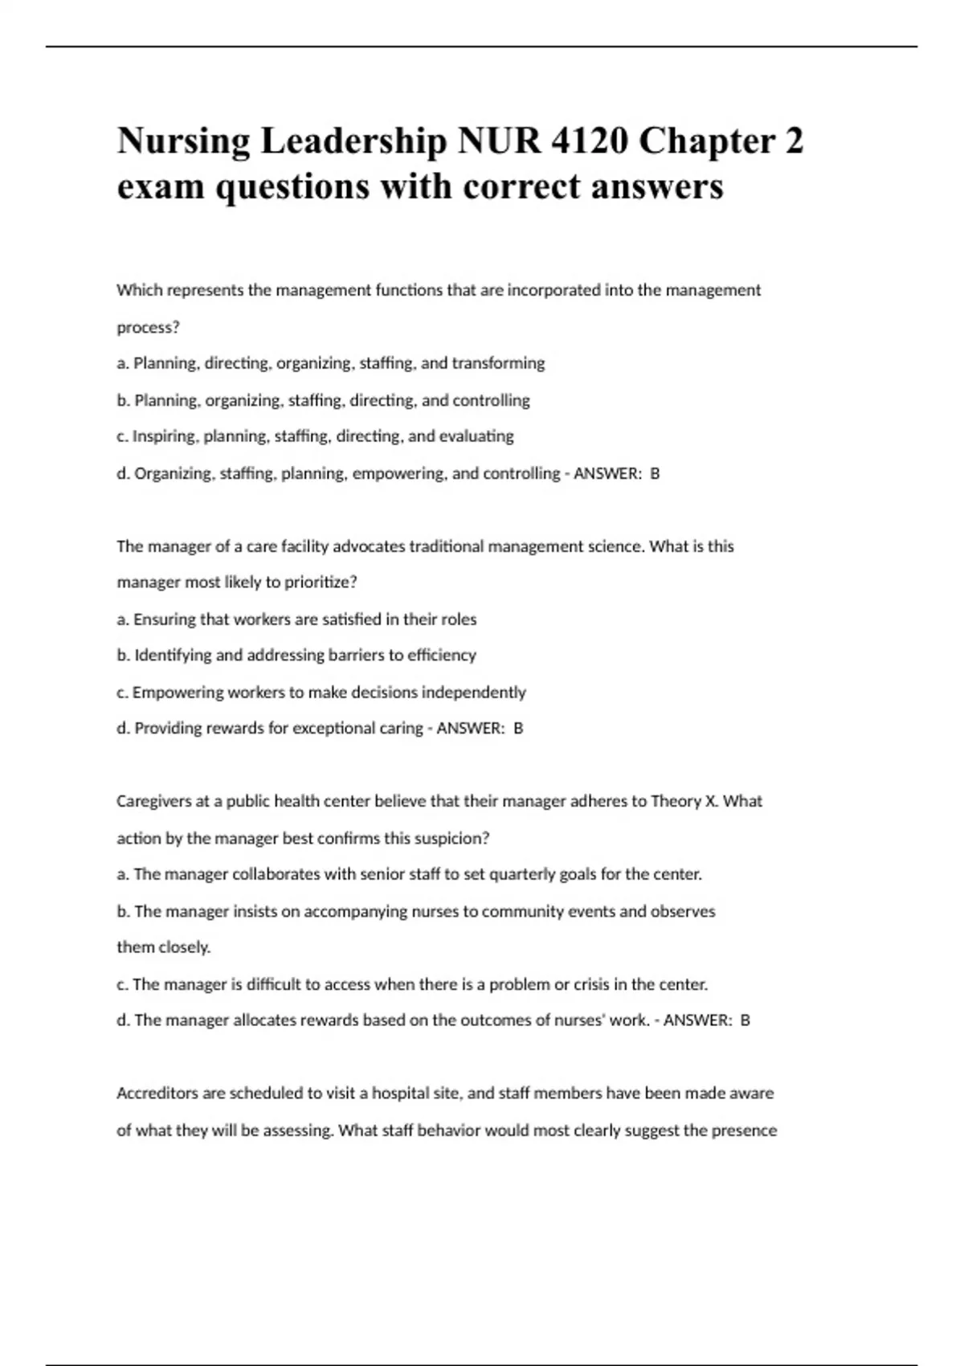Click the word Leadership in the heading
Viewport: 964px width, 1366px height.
tap(353, 141)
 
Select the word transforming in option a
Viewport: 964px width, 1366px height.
tap(498, 363)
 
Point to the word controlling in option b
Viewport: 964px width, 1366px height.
tap(491, 400)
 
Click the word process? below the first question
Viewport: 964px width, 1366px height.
tap(148, 327)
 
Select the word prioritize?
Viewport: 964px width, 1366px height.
tap(321, 583)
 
